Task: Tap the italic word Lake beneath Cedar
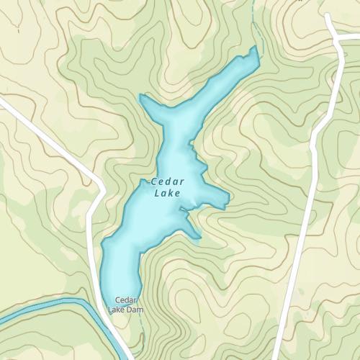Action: [168, 193]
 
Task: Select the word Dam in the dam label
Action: [135, 310]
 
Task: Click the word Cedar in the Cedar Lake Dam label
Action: [126, 300]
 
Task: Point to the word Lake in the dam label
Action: [117, 310]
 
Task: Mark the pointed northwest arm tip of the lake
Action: [140, 96]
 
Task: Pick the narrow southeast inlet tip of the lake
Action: [199, 236]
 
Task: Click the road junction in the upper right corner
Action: [336, 37]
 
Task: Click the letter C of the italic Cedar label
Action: [154, 182]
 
